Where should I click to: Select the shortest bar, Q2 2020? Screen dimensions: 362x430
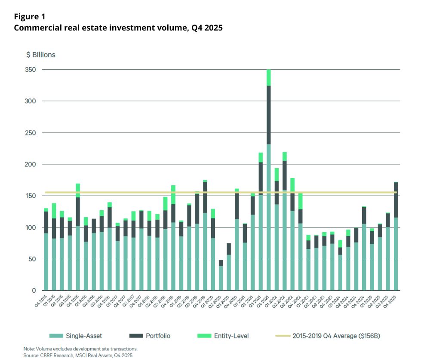[221, 275]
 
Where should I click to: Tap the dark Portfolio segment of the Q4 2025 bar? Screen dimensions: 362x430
[396, 200]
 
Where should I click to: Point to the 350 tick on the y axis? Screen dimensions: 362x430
[33, 70]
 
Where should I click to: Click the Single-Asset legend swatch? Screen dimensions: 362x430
[55, 335]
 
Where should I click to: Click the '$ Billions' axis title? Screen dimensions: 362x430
[41, 55]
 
